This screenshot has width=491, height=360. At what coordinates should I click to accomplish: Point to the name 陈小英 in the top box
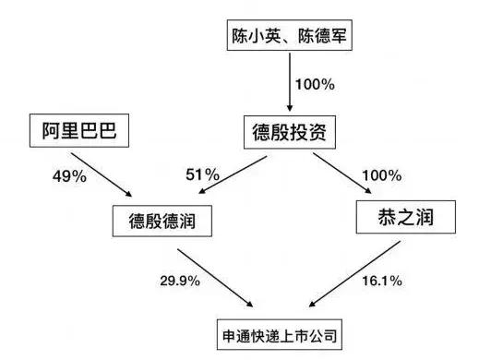click(257, 37)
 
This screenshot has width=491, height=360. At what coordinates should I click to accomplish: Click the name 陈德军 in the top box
click(325, 37)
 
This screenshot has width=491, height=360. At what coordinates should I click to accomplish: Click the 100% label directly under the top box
click(314, 84)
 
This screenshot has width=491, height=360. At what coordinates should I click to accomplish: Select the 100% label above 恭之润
click(382, 174)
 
